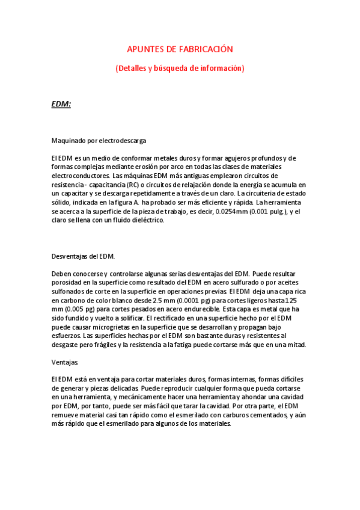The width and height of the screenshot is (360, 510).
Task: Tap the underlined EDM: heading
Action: tap(61, 104)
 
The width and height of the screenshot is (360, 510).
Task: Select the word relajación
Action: tap(222, 185)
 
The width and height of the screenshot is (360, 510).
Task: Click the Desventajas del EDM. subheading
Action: tap(79, 256)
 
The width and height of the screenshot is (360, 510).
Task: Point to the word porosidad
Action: tap(67, 283)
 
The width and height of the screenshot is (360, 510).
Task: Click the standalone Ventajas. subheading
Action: tap(65, 363)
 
